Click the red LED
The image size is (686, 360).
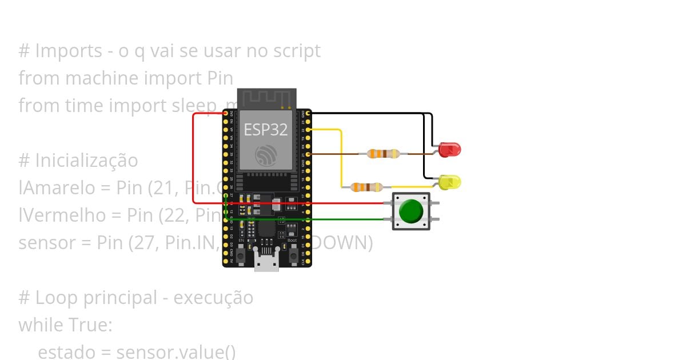[x=450, y=150]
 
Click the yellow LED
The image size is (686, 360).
[x=450, y=182]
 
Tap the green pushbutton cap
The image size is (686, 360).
[x=411, y=211]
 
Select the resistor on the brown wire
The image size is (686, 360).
[x=383, y=153]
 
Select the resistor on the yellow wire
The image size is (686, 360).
[x=366, y=187]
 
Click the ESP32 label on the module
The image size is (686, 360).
[x=266, y=130]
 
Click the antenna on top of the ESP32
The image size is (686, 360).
[x=267, y=98]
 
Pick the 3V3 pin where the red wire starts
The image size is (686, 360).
[x=226, y=114]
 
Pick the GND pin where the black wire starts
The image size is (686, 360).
[x=309, y=114]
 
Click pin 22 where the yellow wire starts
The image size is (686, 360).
[x=309, y=130]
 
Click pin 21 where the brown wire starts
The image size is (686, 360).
[x=309, y=154]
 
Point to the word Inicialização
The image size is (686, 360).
[x=86, y=161]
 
